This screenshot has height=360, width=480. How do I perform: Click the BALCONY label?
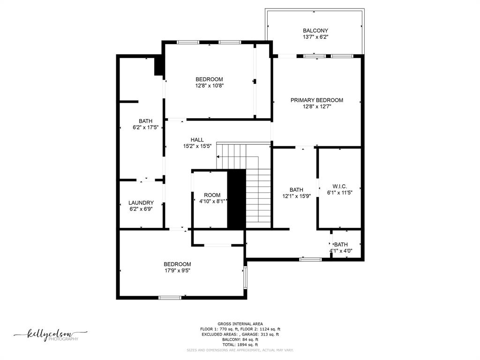click(315, 30)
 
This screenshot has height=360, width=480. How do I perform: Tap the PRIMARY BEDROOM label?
click(316, 100)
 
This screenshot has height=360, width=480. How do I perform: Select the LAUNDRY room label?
click(141, 202)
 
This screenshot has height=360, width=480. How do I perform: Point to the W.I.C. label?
click(339, 186)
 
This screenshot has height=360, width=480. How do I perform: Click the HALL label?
click(197, 140)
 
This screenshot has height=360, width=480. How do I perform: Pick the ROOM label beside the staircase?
click(212, 195)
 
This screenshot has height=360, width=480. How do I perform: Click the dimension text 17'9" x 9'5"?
click(177, 270)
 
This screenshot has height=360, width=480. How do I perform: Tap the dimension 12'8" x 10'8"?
click(210, 86)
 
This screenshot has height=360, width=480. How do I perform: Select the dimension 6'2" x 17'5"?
click(145, 127)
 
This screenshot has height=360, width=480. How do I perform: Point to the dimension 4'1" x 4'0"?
click(341, 251)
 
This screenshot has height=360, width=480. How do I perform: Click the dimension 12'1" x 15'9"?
click(296, 196)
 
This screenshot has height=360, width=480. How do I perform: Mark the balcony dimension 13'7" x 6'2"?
click(315, 37)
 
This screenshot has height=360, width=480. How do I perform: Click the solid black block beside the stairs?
click(236, 199)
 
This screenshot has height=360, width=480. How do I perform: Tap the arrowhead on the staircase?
click(218, 157)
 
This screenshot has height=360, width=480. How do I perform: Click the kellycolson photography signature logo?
click(51, 335)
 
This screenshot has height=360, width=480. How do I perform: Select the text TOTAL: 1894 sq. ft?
click(240, 345)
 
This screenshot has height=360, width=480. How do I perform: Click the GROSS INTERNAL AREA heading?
click(240, 324)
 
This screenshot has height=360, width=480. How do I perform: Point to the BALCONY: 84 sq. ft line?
click(240, 339)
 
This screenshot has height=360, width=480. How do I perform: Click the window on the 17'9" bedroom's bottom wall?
click(170, 297)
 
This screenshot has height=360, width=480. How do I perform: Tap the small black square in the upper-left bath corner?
click(158, 65)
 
